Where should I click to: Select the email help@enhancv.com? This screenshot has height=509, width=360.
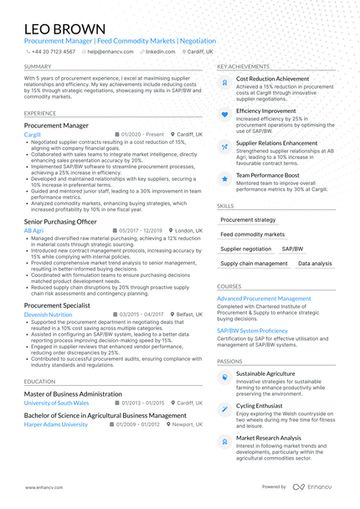(106, 51)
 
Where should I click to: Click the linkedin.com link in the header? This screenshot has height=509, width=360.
(160, 51)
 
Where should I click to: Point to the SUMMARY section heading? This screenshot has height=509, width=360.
(38, 66)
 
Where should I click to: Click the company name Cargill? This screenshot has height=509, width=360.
(33, 134)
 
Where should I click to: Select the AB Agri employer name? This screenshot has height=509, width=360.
(33, 230)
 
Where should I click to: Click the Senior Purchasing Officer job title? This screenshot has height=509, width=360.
(60, 221)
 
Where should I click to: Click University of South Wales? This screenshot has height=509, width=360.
(56, 403)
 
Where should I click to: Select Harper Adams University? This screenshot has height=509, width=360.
(55, 424)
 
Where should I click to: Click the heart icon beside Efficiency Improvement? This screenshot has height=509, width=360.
(224, 113)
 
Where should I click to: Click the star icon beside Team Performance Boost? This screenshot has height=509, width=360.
(224, 177)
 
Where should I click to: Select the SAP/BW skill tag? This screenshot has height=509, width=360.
(292, 249)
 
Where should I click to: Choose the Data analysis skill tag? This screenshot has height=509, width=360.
(315, 264)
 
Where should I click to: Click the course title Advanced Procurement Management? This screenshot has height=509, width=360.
(264, 299)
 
